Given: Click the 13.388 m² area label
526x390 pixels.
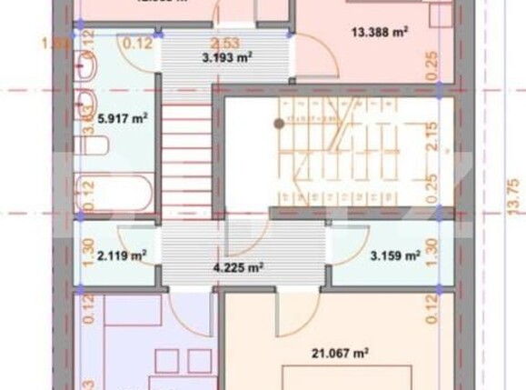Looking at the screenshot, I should click(x=379, y=32).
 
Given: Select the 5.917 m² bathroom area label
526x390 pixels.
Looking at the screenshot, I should click(x=124, y=117).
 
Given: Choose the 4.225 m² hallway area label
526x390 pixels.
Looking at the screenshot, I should click(x=238, y=267).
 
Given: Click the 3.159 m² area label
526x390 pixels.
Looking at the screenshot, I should click(x=395, y=256).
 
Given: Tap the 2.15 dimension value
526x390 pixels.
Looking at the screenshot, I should click(x=432, y=137).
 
